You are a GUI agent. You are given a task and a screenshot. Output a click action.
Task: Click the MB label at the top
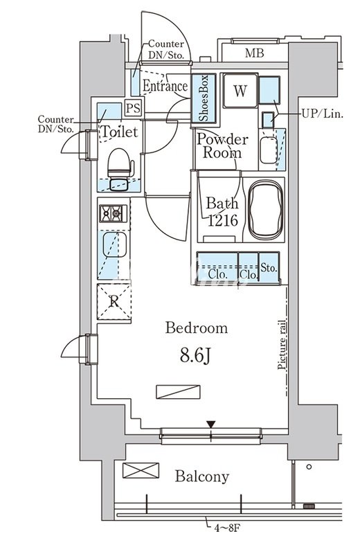pos(254,53)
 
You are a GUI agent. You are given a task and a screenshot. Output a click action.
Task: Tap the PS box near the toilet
pos(133,108)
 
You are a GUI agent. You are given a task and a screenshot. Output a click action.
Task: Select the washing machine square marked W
pos(240,91)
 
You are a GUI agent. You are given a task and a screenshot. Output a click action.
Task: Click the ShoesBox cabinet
pos(204,98)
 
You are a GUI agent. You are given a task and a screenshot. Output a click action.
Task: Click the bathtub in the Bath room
pos(265,210)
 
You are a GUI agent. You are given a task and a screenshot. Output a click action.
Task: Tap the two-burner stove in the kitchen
pos(113,213)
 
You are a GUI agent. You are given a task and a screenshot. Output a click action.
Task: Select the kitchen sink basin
pos(114,244)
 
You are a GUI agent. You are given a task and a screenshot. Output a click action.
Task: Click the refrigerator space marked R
pos(114,302)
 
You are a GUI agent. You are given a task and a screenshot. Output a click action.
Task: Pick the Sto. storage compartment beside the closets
pos(269,267)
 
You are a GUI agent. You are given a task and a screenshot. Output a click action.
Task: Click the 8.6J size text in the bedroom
pos(195,356)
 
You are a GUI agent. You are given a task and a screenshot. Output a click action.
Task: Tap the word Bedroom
pos(197,328)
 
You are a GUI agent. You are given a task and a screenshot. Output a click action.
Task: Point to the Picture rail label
pos(282,344)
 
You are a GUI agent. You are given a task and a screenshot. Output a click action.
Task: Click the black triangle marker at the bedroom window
pos(211,424)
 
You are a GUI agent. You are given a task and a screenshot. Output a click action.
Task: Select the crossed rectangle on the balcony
pos(141,470)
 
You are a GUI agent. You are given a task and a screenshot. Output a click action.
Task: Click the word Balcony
pos(202,476)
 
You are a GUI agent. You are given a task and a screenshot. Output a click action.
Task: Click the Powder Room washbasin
pos(269,150)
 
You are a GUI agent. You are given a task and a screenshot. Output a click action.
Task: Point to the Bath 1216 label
pos(222,212)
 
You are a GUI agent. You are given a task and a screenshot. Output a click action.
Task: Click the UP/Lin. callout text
pos(322,114)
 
